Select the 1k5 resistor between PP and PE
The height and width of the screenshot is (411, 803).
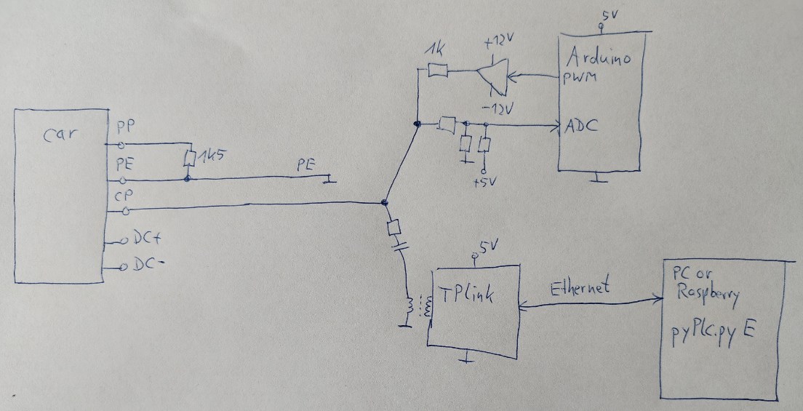coord(189,158)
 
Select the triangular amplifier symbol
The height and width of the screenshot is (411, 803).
coord(492,76)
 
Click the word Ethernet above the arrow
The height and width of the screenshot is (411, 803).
coord(580,287)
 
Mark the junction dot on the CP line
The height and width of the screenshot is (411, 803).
coord(385,203)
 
